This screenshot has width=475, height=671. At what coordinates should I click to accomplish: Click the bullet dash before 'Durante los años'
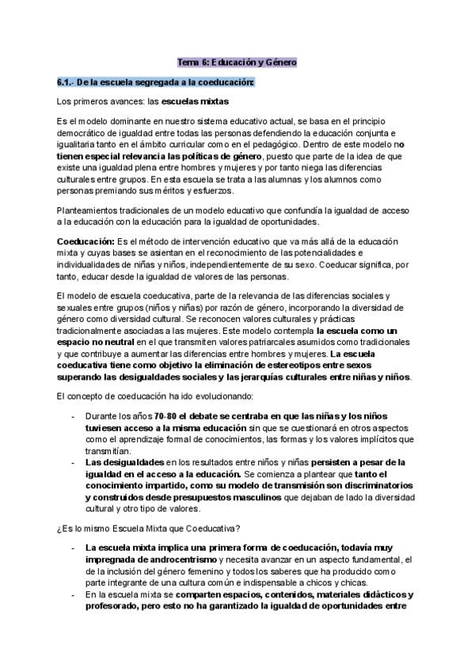[74, 415]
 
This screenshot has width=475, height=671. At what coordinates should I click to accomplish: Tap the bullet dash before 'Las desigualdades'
[74, 461]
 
